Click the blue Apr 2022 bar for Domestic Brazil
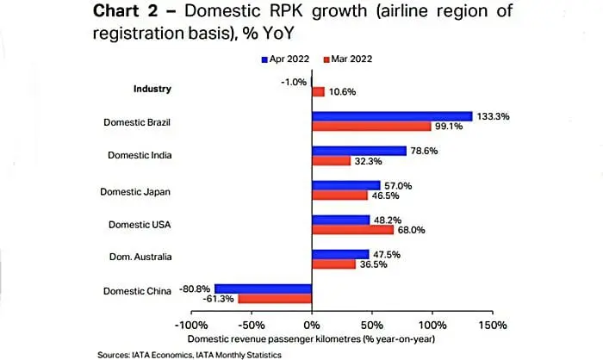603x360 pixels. tap(392, 116)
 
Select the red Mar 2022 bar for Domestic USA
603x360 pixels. tap(353, 230)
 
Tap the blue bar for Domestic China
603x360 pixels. tap(264, 289)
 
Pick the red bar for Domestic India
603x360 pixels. tap(332, 161)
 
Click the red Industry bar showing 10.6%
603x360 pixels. tap(319, 92)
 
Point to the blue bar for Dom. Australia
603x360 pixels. tap(341, 254)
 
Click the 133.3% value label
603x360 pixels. tap(493, 116)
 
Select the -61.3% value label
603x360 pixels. tap(218, 299)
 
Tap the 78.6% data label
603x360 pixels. tap(424, 151)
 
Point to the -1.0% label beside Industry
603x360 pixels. tap(294, 82)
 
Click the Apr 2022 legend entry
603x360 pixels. tap(285, 59)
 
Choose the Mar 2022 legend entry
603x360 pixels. tap(348, 59)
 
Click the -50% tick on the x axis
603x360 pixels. tap(252, 326)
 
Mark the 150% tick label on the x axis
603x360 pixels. tap(493, 326)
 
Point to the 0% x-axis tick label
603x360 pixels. tap(312, 326)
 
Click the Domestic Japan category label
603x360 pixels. tap(135, 192)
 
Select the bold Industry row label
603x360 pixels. tap(152, 89)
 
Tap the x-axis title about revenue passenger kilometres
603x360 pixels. tap(311, 339)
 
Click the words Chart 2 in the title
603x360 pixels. tap(126, 10)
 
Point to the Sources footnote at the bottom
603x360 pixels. tap(190, 355)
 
